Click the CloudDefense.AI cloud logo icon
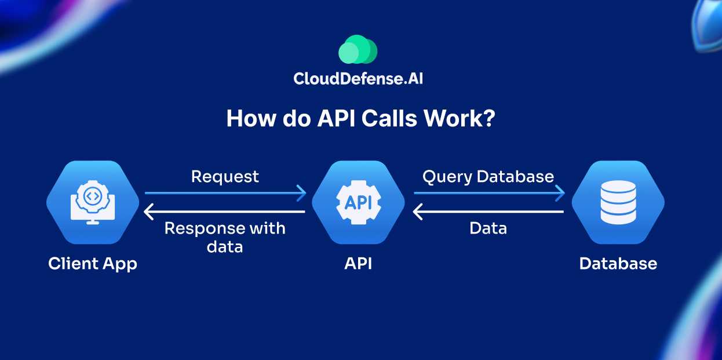pyautogui.click(x=358, y=50)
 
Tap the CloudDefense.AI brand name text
pyautogui.click(x=358, y=78)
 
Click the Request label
pyautogui.click(x=225, y=176)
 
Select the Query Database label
pyautogui.click(x=488, y=176)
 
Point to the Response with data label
pyautogui.click(x=225, y=237)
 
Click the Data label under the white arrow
pyautogui.click(x=488, y=228)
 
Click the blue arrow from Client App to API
pyautogui.click(x=225, y=192)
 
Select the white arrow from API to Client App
pyautogui.click(x=225, y=212)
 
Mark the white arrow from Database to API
pyautogui.click(x=488, y=212)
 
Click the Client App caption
pyautogui.click(x=93, y=264)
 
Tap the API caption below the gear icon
pyautogui.click(x=358, y=264)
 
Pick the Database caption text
pyautogui.click(x=618, y=264)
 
